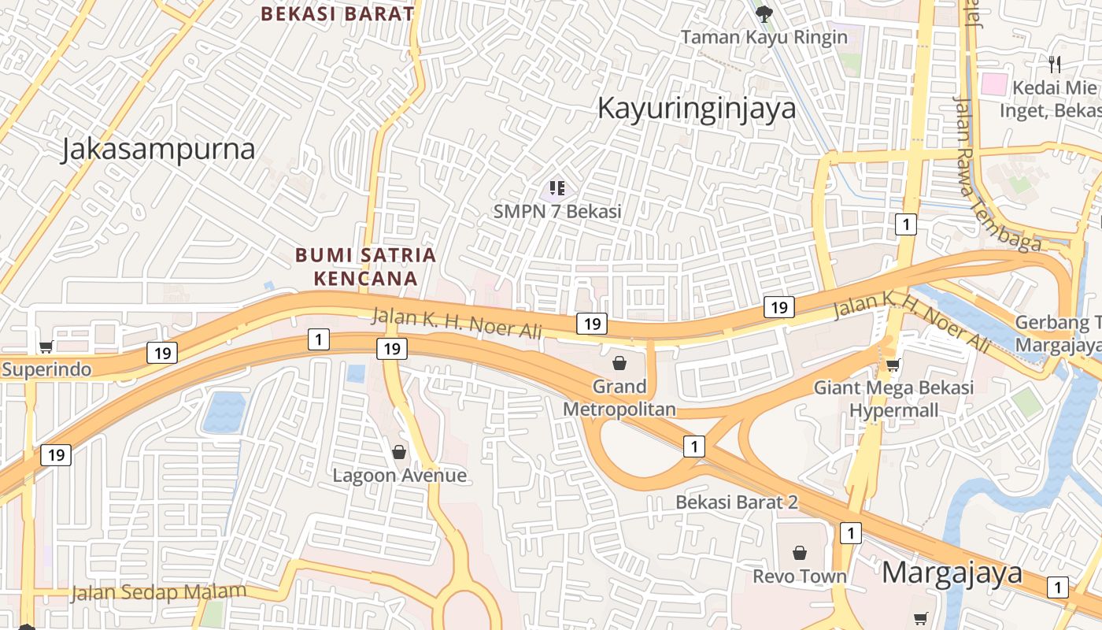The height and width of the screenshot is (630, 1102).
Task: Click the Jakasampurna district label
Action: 158,150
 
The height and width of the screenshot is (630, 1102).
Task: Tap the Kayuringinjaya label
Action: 697,108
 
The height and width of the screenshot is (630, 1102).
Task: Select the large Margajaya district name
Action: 952,573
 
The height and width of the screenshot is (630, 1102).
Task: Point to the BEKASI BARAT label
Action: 337,14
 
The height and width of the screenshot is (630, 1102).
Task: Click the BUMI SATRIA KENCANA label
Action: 365,266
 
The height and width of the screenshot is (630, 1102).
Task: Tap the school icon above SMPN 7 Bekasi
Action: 557,188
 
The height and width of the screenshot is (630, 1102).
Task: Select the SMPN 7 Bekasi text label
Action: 557,211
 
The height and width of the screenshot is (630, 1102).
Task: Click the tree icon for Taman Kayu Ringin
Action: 763,13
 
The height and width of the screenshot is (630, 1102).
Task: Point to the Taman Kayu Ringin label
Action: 764,37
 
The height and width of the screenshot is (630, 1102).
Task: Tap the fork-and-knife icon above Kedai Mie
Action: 1055,64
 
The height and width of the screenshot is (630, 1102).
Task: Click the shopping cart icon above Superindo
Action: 46,346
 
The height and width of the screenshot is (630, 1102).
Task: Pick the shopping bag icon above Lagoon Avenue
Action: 399,452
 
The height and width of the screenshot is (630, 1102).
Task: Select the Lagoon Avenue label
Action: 399,476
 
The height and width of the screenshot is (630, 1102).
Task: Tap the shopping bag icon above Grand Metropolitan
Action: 619,363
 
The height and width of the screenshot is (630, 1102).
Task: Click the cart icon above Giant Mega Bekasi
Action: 893,365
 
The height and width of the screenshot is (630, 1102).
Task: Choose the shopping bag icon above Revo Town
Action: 800,553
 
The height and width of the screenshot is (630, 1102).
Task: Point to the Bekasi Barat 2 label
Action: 737,502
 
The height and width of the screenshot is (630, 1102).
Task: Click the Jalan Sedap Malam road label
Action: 158,591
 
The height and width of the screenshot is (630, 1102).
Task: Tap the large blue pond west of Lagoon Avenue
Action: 224,413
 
